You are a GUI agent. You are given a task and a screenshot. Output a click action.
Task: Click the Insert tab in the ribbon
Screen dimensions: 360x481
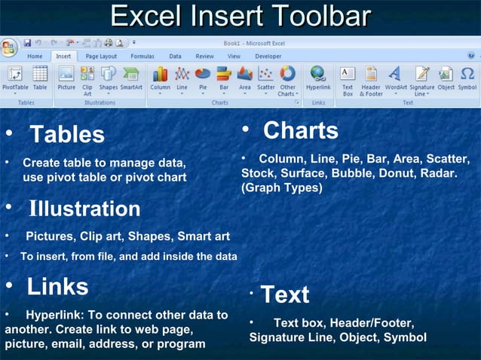[63, 56]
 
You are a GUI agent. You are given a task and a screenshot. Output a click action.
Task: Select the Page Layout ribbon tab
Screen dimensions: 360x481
[101, 56]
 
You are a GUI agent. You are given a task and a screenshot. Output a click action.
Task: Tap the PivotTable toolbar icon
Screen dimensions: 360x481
[15, 77]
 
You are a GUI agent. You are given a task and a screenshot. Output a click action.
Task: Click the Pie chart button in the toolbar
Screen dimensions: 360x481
[203, 77]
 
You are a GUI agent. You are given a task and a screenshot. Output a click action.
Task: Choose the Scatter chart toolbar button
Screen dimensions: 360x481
[265, 77]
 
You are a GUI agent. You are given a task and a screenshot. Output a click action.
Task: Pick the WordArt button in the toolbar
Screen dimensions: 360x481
[395, 77]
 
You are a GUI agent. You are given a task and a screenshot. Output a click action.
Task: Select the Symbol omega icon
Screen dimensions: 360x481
[467, 77]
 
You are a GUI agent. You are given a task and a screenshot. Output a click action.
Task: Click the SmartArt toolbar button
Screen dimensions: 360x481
[131, 77]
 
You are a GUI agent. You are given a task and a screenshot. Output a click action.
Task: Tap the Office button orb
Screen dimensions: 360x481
[9, 47]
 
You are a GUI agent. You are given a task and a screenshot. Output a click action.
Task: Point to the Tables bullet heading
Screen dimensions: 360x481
[66, 135]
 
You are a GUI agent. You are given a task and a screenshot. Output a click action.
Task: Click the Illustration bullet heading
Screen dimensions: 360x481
[84, 209]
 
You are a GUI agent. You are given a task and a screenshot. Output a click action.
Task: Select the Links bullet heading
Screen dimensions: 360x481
[57, 287]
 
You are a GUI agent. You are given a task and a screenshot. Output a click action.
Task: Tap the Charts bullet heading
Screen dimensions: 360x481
[300, 130]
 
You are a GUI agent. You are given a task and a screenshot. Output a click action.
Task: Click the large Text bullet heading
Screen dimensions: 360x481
[285, 294]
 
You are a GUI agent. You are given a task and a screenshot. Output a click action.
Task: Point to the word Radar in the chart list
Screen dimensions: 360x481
[437, 173]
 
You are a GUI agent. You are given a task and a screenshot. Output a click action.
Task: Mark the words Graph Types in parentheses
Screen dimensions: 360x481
[282, 188]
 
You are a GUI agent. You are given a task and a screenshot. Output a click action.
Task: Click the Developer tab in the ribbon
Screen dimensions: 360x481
[268, 56]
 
